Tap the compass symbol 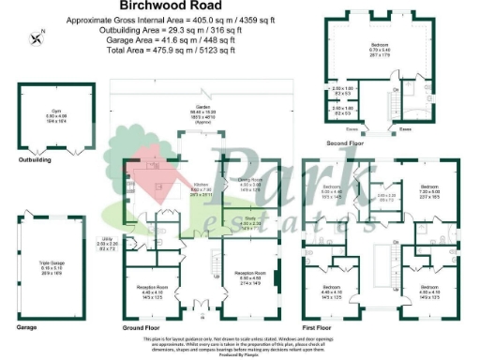tap(37, 37)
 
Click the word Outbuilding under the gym tap(36, 160)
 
